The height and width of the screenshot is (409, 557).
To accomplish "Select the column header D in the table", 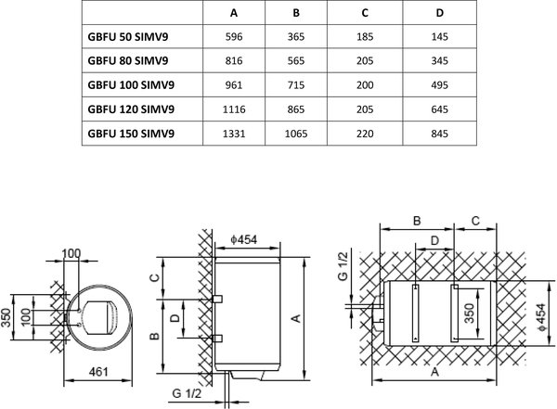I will point(440,14).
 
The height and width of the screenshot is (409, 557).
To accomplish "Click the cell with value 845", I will point(440,134).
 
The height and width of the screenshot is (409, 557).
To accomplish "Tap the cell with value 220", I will point(367,134).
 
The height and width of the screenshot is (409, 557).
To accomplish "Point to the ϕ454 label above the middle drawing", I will point(245,240).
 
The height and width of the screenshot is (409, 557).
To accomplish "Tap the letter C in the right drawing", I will point(475,221).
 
